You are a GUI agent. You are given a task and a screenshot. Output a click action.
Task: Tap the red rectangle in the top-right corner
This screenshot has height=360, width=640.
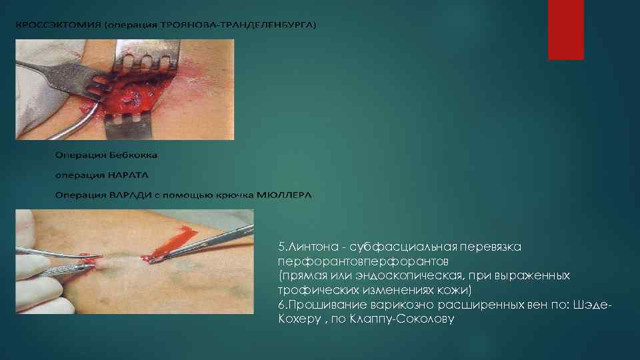pos(565,29)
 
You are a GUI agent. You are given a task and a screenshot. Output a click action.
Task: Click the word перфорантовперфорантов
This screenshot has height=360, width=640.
pos(363,260)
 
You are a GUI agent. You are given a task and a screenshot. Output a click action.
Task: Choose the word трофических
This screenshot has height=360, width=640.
pos(317,290)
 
